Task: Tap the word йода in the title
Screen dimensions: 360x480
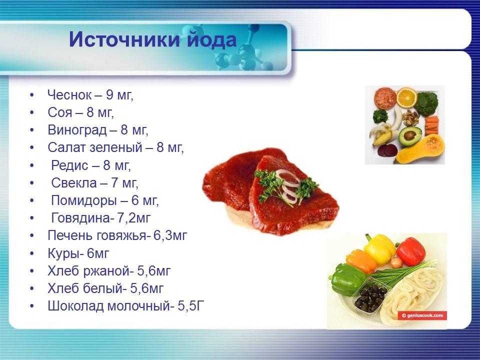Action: pyautogui.click(x=210, y=40)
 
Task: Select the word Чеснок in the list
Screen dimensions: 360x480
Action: pyautogui.click(x=70, y=94)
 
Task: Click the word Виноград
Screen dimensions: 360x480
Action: pyautogui.click(x=77, y=130)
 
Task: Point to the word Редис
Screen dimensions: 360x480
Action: pyautogui.click(x=69, y=165)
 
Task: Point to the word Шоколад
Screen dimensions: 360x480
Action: pyautogui.click(x=75, y=306)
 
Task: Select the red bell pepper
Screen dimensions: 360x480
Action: pyautogui.click(x=410, y=251)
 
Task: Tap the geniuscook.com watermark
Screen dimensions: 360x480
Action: pyautogui.click(x=422, y=315)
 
